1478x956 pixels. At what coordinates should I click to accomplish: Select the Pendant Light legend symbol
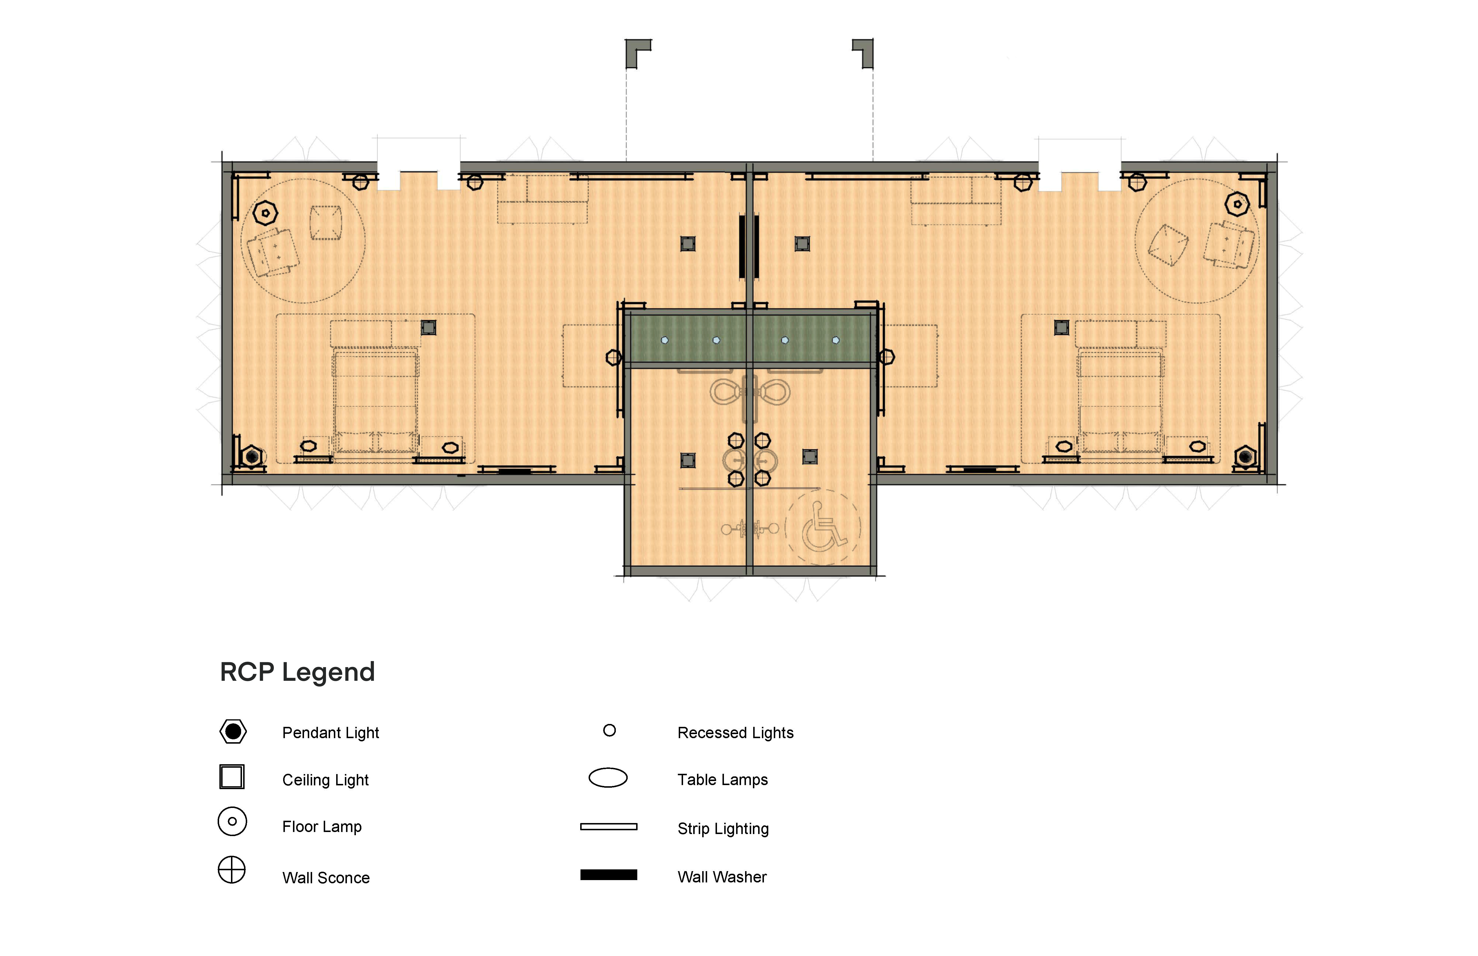pyautogui.click(x=233, y=732)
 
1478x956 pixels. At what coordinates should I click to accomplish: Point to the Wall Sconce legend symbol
pyautogui.click(x=232, y=870)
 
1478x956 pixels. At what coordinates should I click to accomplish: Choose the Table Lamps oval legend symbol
pyautogui.click(x=608, y=778)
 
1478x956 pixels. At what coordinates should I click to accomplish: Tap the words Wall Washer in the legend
pyautogui.click(x=722, y=877)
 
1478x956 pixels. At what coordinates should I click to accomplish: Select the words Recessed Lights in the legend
pyautogui.click(x=735, y=733)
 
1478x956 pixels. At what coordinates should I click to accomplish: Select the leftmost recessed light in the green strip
pyautogui.click(x=665, y=340)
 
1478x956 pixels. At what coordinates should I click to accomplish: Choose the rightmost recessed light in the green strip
pyautogui.click(x=836, y=340)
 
